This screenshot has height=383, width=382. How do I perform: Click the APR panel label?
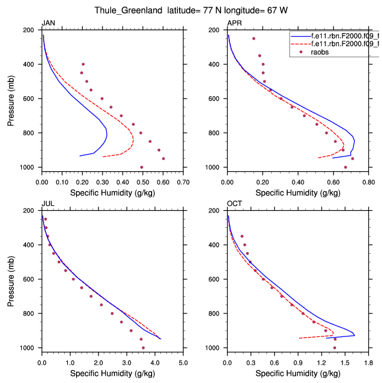[x=234, y=23]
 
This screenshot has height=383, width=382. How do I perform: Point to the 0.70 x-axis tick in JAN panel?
[x=183, y=183]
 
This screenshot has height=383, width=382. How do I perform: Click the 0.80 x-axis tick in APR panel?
[x=369, y=183]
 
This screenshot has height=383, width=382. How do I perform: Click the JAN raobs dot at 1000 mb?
[x=141, y=167]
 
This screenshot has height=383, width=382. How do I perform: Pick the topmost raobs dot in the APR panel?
[x=253, y=39]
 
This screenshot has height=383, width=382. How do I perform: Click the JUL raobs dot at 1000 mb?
[x=143, y=348]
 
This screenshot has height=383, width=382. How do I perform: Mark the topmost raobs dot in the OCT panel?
[x=242, y=236]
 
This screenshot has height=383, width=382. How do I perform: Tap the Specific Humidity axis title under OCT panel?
[x=298, y=374]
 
